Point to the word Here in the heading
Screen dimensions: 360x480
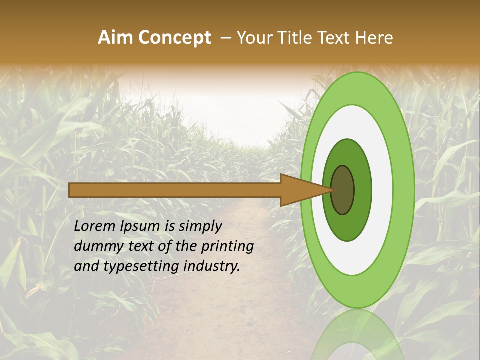[x=375, y=38]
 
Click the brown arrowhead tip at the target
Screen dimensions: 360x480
[x=330, y=190]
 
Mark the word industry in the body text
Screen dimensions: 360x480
[x=212, y=267]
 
